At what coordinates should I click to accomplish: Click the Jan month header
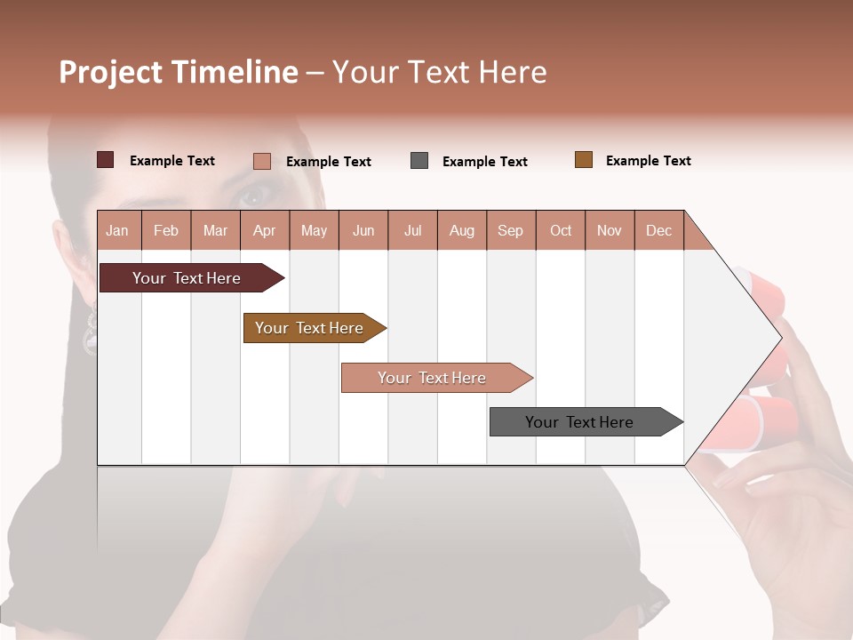pos(117,230)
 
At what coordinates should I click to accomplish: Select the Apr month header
pos(264,230)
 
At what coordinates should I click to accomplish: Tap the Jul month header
pos(412,230)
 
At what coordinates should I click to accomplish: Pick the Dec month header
pos(658,230)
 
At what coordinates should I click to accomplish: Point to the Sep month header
pos(510,230)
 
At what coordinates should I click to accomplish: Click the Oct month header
pos(561,230)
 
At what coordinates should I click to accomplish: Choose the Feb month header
pos(166,230)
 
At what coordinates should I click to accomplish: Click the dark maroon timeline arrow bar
pos(187,278)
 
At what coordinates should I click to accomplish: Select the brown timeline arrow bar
pos(309,328)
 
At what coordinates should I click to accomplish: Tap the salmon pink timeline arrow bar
pos(432,378)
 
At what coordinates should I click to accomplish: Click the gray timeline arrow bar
pos(579,422)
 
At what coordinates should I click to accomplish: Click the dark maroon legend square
pos(105,160)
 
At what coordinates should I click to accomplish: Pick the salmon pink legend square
pos(261,161)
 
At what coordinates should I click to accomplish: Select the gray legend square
pos(419,161)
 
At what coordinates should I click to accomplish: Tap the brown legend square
pos(583,160)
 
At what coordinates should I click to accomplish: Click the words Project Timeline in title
pos(178,72)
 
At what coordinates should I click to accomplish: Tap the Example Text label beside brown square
pos(648,161)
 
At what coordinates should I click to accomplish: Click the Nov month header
pos(610,230)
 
